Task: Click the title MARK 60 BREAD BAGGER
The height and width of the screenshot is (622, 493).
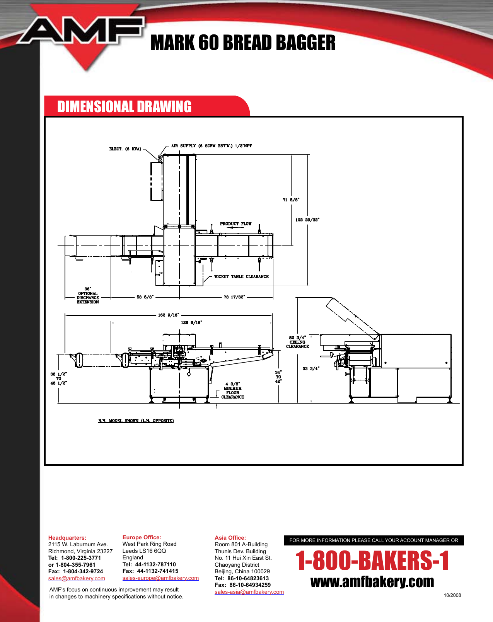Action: tap(243, 43)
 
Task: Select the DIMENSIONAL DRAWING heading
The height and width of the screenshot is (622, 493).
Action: tap(124, 107)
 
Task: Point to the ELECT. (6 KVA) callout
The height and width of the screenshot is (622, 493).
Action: tap(125, 149)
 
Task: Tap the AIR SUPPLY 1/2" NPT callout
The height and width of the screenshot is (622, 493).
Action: tap(211, 146)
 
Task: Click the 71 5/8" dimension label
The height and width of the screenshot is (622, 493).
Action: tap(291, 200)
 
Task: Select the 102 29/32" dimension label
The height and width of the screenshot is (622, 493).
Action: tap(307, 220)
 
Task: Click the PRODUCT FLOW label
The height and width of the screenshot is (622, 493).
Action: tap(235, 224)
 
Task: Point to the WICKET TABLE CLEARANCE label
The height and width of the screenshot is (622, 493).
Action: tap(241, 277)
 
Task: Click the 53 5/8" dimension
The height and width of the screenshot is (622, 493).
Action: tap(145, 297)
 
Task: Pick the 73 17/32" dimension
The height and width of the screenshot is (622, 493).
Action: tap(234, 297)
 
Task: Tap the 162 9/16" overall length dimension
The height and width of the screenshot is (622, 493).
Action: tap(168, 315)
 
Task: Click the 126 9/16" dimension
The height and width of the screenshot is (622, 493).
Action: tap(191, 322)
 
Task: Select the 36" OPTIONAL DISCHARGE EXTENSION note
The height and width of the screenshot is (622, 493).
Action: tap(88, 296)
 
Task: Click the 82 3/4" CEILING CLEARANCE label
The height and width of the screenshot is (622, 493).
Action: tap(297, 342)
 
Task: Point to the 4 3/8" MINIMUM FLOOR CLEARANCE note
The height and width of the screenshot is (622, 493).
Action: tap(232, 390)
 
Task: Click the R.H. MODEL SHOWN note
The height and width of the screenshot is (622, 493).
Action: tap(136, 421)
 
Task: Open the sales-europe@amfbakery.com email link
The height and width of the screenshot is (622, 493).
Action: tap(160, 578)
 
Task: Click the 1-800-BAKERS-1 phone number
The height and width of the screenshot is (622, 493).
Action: tap(372, 561)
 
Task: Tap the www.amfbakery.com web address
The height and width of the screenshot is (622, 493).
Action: tap(372, 582)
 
